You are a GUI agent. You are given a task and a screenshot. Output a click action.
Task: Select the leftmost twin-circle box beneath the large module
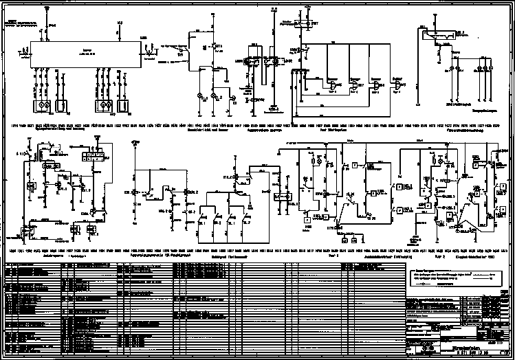(42, 106)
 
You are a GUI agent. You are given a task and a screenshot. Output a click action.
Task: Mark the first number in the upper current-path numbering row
(14, 126)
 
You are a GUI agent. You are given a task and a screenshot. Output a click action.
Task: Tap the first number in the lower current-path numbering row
(14, 251)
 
